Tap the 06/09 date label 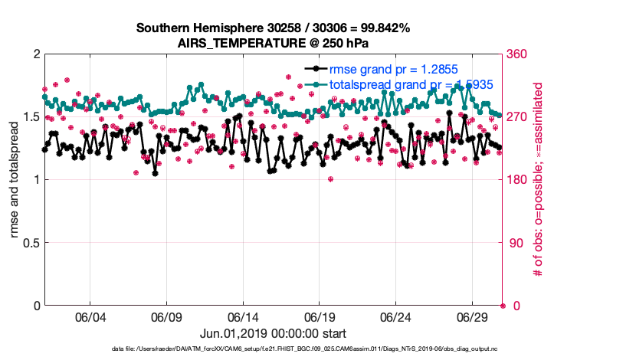click(166, 317)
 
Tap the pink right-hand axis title click(539, 180)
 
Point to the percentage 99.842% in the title click(381, 28)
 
